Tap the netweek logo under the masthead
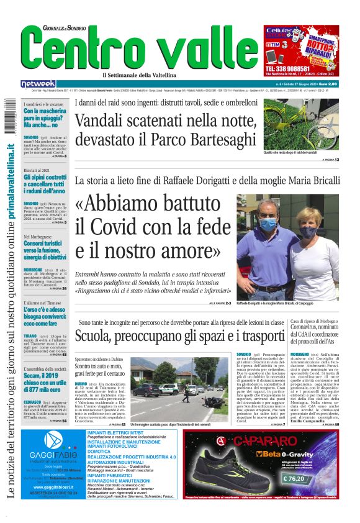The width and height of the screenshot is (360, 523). [38, 84]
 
